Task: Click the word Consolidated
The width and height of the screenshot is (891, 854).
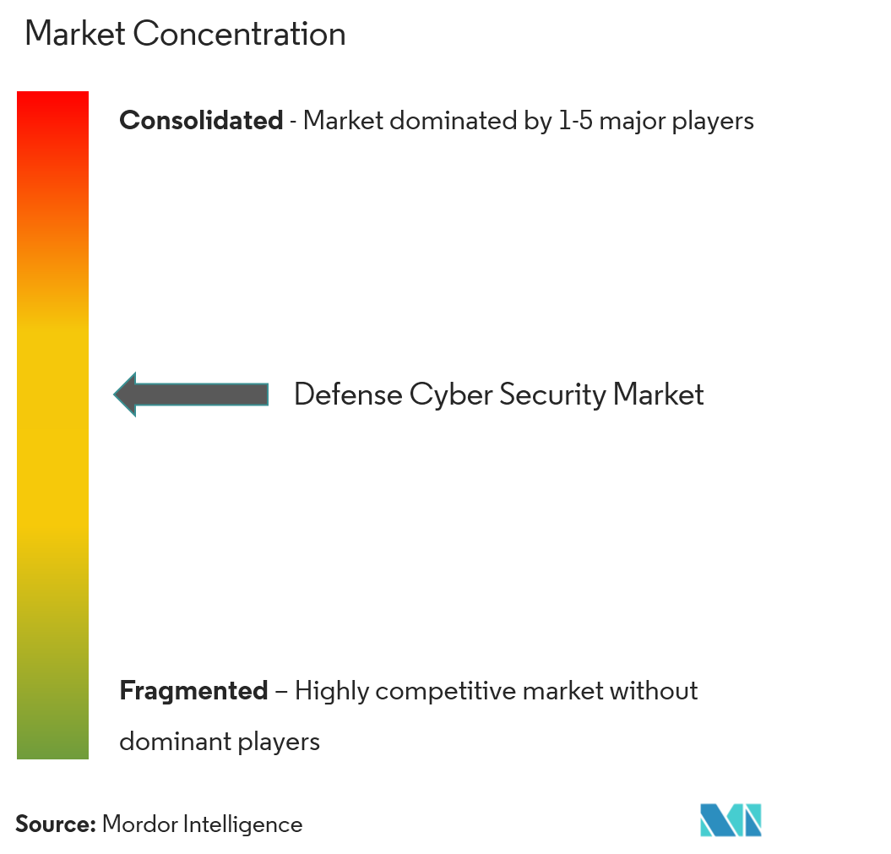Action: coord(201,121)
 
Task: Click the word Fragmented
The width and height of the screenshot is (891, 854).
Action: coord(193,691)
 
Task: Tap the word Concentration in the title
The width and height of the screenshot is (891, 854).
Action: coord(239,34)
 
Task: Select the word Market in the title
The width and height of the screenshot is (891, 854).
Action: coord(75,34)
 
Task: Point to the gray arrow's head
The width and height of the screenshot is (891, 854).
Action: coord(125,394)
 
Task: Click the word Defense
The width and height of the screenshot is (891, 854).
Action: coord(348,394)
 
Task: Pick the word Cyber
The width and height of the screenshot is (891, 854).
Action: coord(451,394)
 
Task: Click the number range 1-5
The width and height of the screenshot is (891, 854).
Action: coord(576,121)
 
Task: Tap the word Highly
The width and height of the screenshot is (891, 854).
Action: coord(331,692)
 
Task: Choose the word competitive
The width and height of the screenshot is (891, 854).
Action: coord(445,692)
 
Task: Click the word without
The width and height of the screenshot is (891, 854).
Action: coord(654,691)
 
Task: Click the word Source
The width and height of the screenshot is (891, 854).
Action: coord(55,824)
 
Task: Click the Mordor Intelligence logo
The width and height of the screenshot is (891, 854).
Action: coord(731,820)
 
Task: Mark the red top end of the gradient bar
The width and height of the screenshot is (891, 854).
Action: coord(53,92)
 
